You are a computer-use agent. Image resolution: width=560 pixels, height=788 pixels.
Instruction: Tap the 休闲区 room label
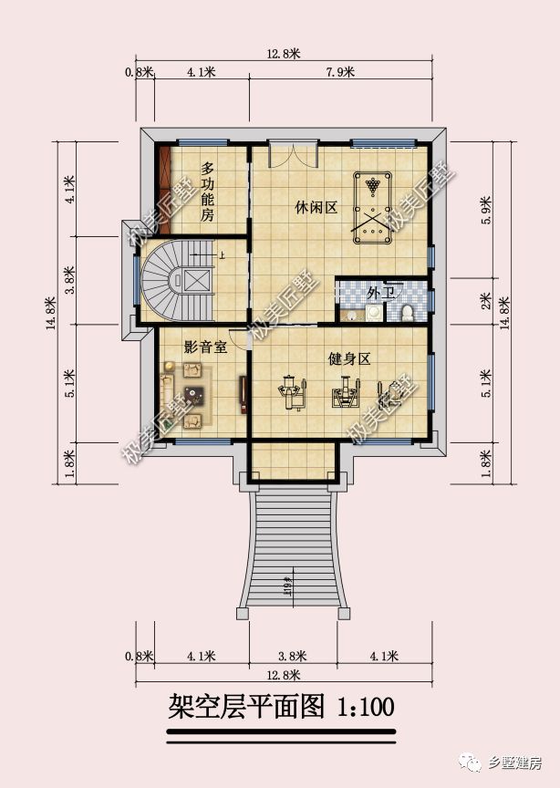[x=316, y=207]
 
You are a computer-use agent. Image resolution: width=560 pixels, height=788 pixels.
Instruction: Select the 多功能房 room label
[x=208, y=192]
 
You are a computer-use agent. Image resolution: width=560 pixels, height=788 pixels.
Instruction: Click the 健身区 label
[x=349, y=358]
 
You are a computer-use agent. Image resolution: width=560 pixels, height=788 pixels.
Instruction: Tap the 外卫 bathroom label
[x=379, y=294]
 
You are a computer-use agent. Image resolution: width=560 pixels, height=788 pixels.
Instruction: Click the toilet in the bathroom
[x=407, y=313]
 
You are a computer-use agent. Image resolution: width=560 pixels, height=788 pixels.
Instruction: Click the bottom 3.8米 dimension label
[x=293, y=655]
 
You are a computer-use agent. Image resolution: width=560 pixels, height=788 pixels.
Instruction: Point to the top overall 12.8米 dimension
[x=284, y=54]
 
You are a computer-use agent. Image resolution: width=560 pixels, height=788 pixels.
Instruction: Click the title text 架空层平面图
[x=247, y=706]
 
